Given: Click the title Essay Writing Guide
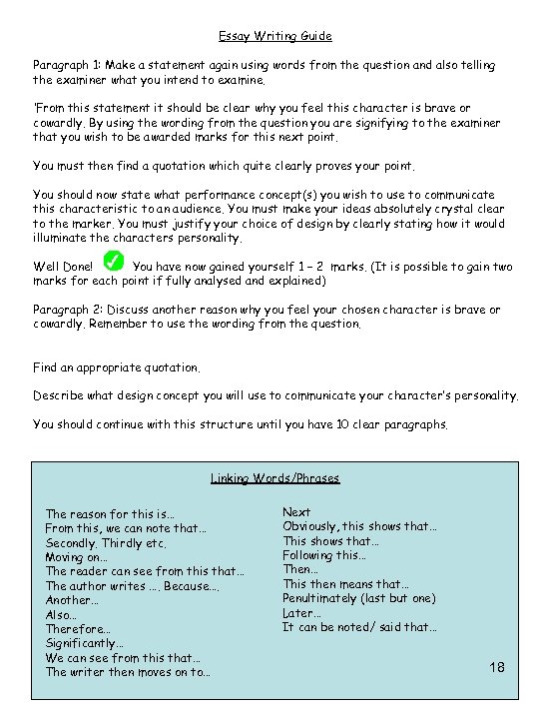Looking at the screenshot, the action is click(x=269, y=36).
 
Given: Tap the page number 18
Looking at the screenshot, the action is click(x=499, y=667).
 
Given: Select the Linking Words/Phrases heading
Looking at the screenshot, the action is click(x=274, y=478).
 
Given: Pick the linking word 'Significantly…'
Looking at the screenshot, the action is click(x=78, y=644).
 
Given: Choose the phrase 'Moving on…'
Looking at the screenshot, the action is click(x=76, y=556).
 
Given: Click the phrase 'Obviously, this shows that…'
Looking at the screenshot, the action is click(x=360, y=526).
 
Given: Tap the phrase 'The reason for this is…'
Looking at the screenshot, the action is click(x=110, y=514).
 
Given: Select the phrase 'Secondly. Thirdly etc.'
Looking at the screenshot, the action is click(x=106, y=542).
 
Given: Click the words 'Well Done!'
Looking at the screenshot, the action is click(x=63, y=268).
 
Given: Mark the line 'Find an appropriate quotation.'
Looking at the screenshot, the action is click(x=117, y=367).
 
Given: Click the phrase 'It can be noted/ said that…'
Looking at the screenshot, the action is click(x=359, y=627).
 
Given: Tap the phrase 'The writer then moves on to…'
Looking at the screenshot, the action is click(x=128, y=672).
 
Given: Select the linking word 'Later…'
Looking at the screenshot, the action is click(x=301, y=613).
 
